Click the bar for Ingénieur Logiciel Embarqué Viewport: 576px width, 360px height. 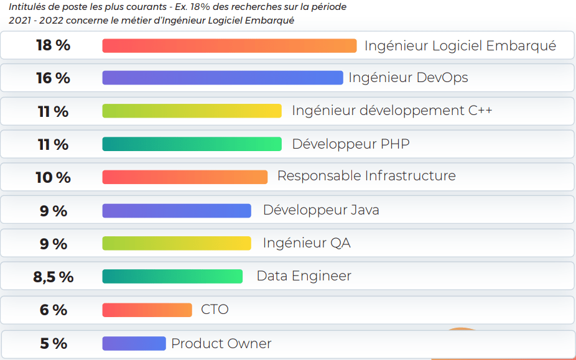coord(229,46)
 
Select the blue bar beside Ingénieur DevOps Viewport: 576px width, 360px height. coord(222,78)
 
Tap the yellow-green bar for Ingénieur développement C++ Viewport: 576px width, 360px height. coord(192,111)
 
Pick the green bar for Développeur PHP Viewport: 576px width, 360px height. coord(192,144)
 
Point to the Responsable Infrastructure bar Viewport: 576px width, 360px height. coord(185,177)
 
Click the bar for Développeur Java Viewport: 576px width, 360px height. coord(177,211)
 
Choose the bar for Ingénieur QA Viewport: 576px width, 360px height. coord(177,243)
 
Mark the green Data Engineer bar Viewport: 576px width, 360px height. coord(172,277)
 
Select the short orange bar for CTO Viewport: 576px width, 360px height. coord(147,310)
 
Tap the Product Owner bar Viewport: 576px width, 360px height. coord(134,343)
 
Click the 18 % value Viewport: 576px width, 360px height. coord(53,45)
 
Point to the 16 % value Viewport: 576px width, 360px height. coord(53,78)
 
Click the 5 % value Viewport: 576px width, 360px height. coord(53,343)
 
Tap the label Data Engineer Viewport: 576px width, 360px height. coord(304,276)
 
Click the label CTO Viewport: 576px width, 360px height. coord(215,309)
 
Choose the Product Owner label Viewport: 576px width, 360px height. coord(221,343)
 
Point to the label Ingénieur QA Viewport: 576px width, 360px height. coord(306,242)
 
